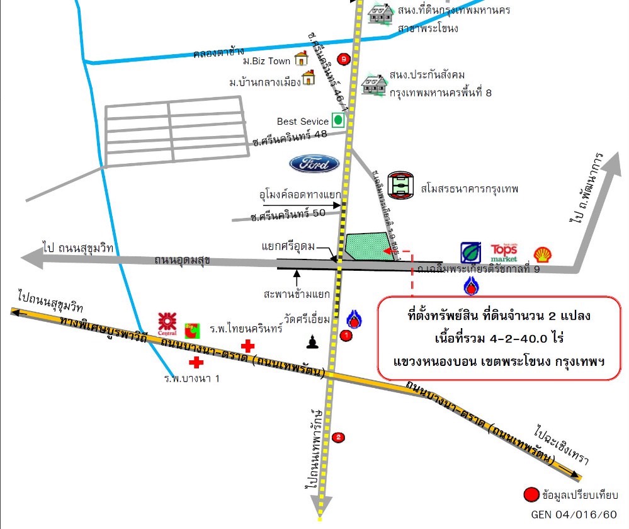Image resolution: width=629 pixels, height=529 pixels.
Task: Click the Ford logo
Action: click(x=314, y=164)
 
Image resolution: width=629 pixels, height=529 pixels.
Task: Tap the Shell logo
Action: click(x=541, y=254)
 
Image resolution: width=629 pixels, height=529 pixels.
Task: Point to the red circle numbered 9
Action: click(x=343, y=59)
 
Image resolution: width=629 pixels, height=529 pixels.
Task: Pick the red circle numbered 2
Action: click(x=339, y=437)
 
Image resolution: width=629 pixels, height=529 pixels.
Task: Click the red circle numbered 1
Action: click(x=345, y=336)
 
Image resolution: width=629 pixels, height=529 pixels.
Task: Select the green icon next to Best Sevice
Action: click(x=338, y=120)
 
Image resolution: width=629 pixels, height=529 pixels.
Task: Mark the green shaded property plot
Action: click(x=371, y=246)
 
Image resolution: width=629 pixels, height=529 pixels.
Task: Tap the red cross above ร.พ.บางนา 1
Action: click(x=196, y=362)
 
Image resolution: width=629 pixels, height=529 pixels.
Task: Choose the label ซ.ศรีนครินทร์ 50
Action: click(x=288, y=213)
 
